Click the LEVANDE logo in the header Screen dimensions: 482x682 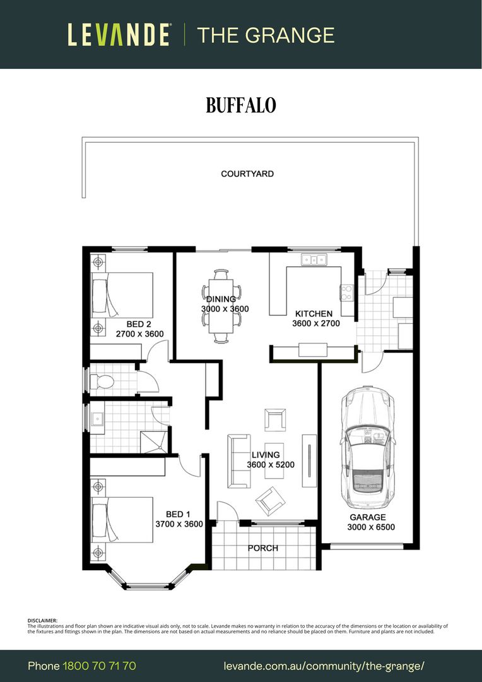119,35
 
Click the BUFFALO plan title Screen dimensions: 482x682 241,105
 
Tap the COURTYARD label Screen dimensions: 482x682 247,174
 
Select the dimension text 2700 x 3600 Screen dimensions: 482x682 139,334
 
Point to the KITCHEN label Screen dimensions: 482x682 314,314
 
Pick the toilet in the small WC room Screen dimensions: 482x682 102,382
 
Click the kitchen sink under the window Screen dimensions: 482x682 314,260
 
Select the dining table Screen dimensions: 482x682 221,306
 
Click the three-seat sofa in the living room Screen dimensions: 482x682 239,461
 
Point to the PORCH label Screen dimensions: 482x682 263,548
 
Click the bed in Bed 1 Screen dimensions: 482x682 122,520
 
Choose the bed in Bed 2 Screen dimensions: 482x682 122,296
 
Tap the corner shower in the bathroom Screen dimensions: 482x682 154,442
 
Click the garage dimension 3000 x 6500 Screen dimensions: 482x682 371,527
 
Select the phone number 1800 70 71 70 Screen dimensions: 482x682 100,666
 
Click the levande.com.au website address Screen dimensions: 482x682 324,666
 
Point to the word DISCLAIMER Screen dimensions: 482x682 42,621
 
